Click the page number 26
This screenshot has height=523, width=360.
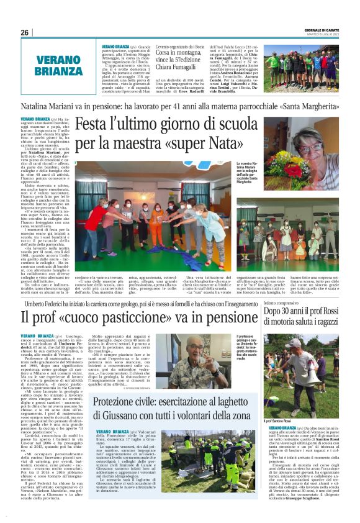click(24, 32)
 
